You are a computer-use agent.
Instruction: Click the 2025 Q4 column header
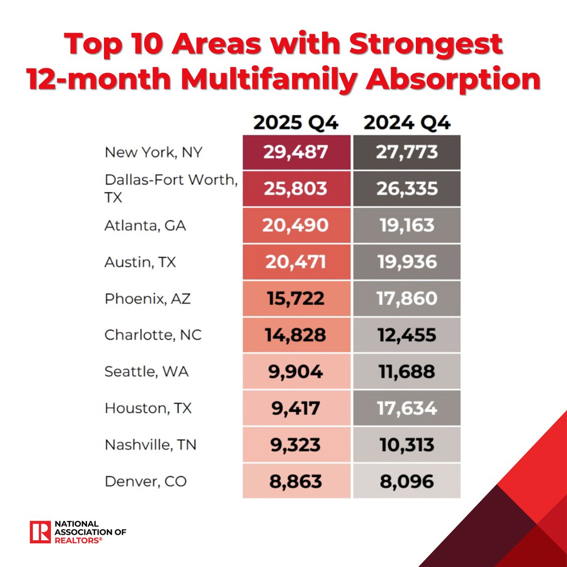296,123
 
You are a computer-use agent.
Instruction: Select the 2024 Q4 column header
407,123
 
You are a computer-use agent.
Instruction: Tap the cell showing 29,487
296,152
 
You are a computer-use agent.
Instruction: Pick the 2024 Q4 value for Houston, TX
407,408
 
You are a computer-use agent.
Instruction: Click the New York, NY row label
154,152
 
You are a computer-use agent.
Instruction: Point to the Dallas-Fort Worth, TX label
170,188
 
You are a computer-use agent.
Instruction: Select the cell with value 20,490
296,225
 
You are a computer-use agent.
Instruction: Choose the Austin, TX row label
140,262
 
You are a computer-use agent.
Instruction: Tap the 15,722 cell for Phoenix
296,299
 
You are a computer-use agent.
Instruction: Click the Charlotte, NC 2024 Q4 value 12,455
407,335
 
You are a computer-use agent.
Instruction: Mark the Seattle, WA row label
146,371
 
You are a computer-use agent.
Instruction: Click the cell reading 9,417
296,408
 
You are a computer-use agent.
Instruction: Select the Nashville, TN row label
150,445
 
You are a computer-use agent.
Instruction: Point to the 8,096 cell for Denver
407,481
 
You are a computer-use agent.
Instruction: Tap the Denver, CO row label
146,481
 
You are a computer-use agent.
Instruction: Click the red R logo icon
40,532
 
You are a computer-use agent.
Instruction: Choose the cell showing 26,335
407,189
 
